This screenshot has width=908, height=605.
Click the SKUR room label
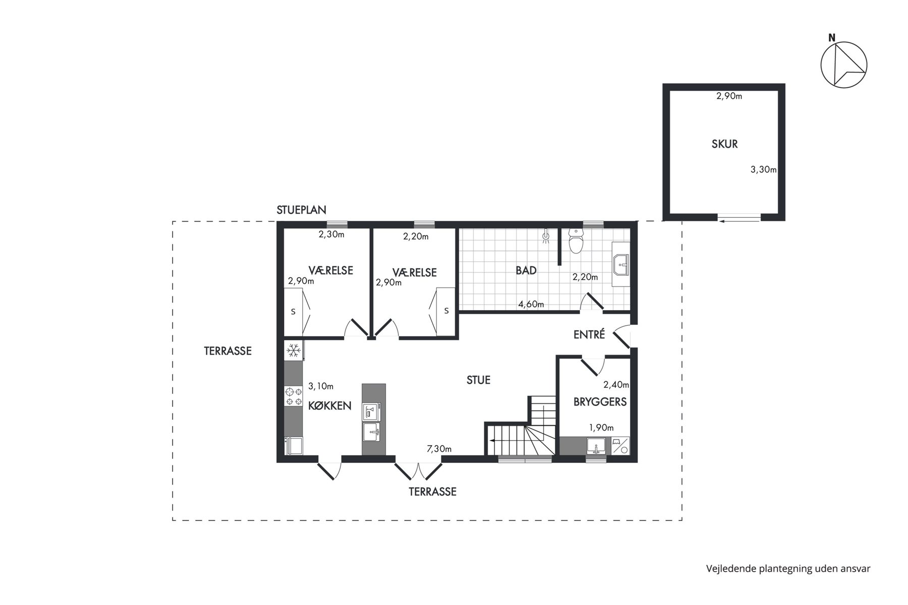point(724,144)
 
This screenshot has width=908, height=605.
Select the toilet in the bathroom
point(576,240)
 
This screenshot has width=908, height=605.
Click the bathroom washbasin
point(620,264)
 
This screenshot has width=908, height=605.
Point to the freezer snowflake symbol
point(294,350)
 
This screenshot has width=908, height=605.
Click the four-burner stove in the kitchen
point(294,396)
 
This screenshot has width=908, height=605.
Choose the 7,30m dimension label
point(439,449)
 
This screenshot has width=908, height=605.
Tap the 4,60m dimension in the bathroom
point(532,305)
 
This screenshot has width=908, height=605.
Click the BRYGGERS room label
point(600,402)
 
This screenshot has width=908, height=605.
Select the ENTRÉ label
point(589,334)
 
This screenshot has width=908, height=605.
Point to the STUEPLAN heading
point(302,210)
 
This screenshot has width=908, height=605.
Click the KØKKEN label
point(329,406)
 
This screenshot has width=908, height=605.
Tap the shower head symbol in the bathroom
point(546,236)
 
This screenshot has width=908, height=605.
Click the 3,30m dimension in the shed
point(764,169)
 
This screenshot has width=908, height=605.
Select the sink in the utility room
point(596,446)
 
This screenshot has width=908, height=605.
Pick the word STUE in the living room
point(478,380)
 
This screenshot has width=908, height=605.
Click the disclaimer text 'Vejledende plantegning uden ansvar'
point(788,569)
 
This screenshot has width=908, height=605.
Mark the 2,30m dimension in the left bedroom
point(331,234)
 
